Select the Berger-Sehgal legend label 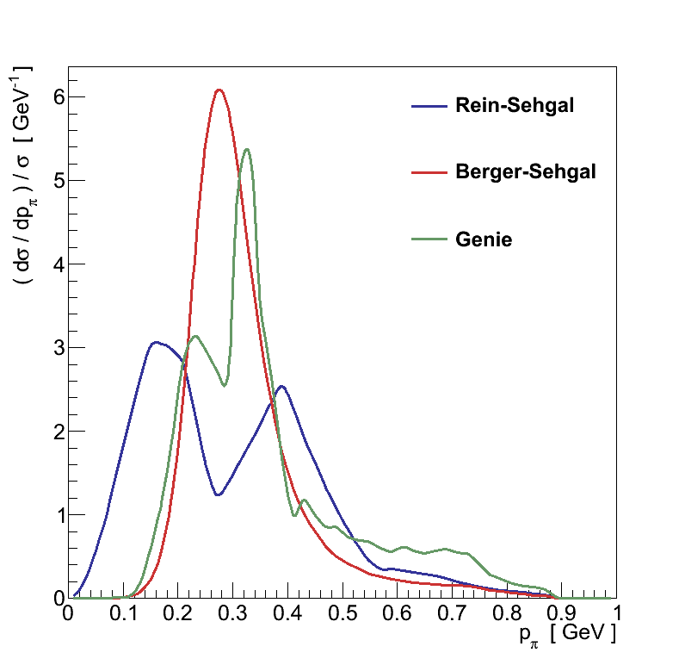click(525, 172)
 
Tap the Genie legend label click(484, 239)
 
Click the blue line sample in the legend click(429, 106)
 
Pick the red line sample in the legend click(429, 172)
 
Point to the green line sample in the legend click(429, 239)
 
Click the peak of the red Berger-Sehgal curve click(219, 90)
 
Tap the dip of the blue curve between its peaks click(219, 494)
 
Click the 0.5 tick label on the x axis click(342, 614)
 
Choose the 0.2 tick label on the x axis click(178, 614)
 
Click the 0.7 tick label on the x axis click(453, 614)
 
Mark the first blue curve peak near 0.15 click(154, 342)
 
